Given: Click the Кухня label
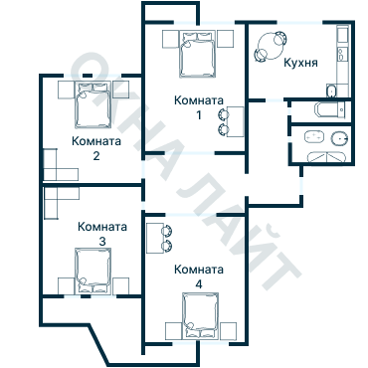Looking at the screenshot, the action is click(300, 63).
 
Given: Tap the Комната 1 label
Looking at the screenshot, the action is click(199, 107).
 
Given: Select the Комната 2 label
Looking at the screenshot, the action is click(96, 148).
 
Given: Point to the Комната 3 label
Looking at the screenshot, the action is click(102, 234).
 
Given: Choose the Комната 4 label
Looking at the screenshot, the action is click(199, 276).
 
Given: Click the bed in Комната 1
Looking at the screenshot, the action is click(197, 54).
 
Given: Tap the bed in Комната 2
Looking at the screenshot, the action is click(92, 104).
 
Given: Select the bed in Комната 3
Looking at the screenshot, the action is click(92, 271).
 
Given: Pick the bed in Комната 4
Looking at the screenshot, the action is click(200, 316).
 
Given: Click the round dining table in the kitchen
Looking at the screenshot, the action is click(272, 46).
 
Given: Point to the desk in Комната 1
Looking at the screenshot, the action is click(236, 121).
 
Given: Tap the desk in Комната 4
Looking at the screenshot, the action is click(154, 238).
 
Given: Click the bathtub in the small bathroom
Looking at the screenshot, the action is click(330, 109).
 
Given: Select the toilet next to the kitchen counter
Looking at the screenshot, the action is click(331, 92).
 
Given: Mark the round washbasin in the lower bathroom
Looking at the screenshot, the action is click(339, 138).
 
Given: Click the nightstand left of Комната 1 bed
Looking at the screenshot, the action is click(171, 39).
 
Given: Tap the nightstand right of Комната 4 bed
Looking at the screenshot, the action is click(228, 330).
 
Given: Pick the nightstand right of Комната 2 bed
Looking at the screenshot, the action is click(121, 90).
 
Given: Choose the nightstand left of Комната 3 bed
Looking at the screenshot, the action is click(66, 285).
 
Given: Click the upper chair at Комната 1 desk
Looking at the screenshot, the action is click(223, 114).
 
